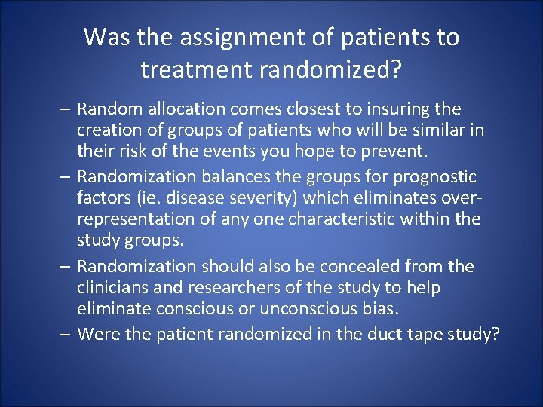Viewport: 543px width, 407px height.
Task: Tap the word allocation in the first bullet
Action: [x=173, y=109]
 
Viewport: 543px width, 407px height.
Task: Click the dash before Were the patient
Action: [x=66, y=334]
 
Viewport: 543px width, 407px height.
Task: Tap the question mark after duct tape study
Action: [x=495, y=334]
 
